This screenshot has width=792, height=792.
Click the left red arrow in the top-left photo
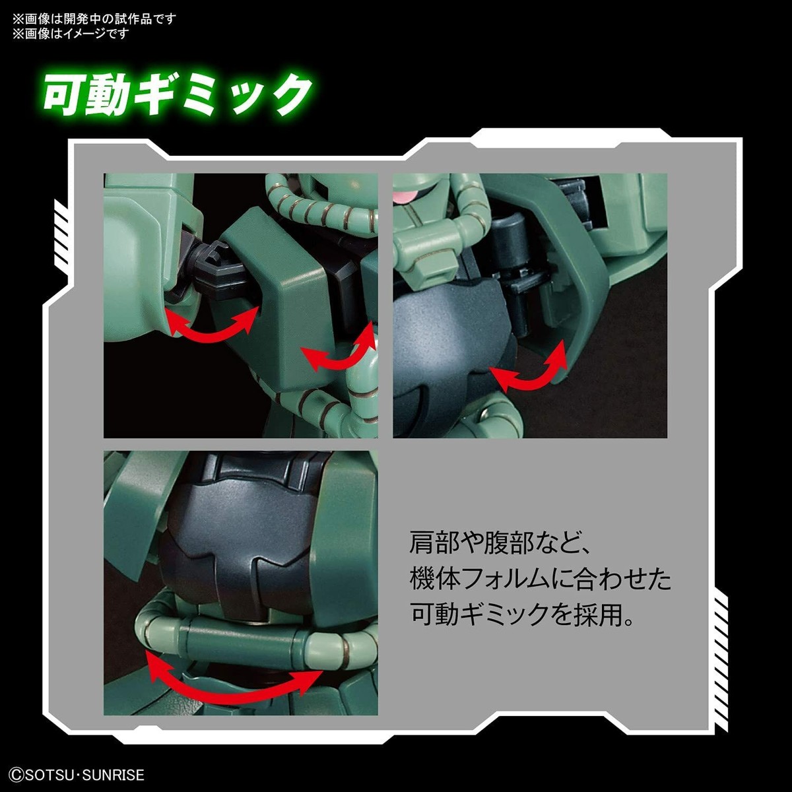tap(211, 323)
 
